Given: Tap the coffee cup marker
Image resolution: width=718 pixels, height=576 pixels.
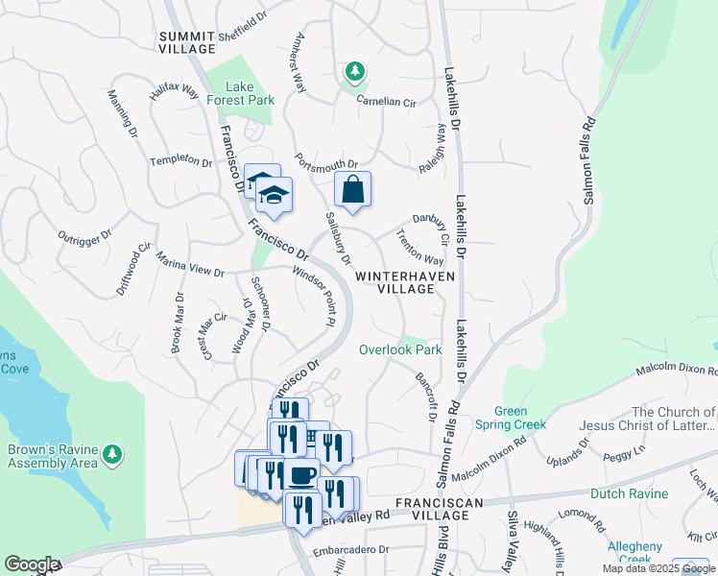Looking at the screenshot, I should pyautogui.click(x=301, y=474).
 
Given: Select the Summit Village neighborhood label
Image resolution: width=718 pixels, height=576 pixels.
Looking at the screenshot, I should pyautogui.click(x=187, y=41).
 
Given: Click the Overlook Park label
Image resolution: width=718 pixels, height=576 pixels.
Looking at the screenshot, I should pyautogui.click(x=400, y=349).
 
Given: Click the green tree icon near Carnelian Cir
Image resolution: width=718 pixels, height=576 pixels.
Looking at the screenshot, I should pyautogui.click(x=354, y=72).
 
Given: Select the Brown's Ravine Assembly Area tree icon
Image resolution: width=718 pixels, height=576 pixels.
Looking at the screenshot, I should pyautogui.click(x=113, y=452).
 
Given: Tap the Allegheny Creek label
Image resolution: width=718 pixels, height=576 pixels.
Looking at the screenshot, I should pyautogui.click(x=634, y=553).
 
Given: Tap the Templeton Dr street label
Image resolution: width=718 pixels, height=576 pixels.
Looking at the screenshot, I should pyautogui.click(x=180, y=161).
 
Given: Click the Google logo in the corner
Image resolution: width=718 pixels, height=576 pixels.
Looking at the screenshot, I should pyautogui.click(x=31, y=564).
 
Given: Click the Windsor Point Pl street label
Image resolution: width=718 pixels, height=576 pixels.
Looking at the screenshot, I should pyautogui.click(x=317, y=297).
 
